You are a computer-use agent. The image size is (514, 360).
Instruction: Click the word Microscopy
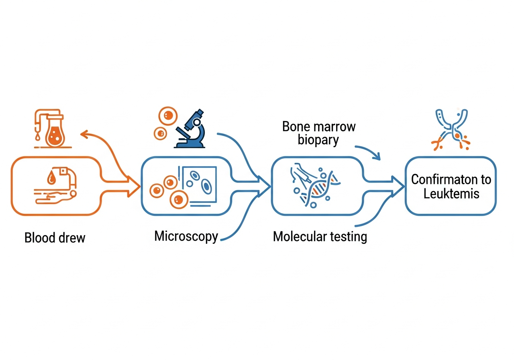[186, 236]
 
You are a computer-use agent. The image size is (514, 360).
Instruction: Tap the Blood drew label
[55, 237]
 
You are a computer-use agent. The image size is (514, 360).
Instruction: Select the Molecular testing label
[320, 236]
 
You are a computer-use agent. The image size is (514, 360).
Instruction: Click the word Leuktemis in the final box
[451, 194]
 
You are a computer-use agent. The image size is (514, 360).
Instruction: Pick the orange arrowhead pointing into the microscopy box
[134, 186]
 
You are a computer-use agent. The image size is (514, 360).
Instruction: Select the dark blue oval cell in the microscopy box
[206, 186]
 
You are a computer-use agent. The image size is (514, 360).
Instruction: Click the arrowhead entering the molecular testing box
[265, 186]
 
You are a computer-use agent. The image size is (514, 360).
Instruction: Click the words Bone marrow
[319, 127]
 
